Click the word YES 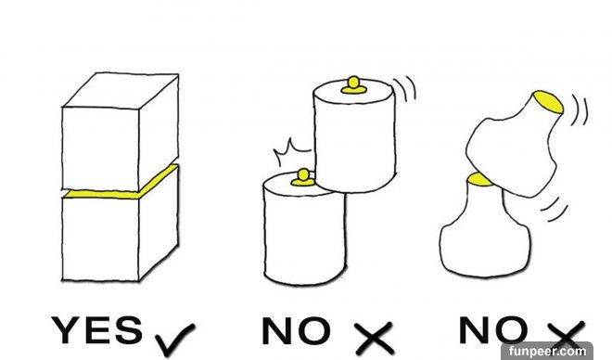point(97,330)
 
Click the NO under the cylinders point(296,330)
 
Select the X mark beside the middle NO point(374,339)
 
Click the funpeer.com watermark point(547,351)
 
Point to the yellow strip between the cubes point(121,186)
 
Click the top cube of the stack point(121,132)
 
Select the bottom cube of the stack point(121,230)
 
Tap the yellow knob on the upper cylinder point(353,85)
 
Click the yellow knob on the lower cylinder point(303,177)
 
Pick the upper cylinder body point(354,136)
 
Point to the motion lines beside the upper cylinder point(405,88)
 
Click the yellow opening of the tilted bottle point(548,101)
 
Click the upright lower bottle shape point(485,234)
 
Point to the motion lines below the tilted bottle point(555,209)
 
